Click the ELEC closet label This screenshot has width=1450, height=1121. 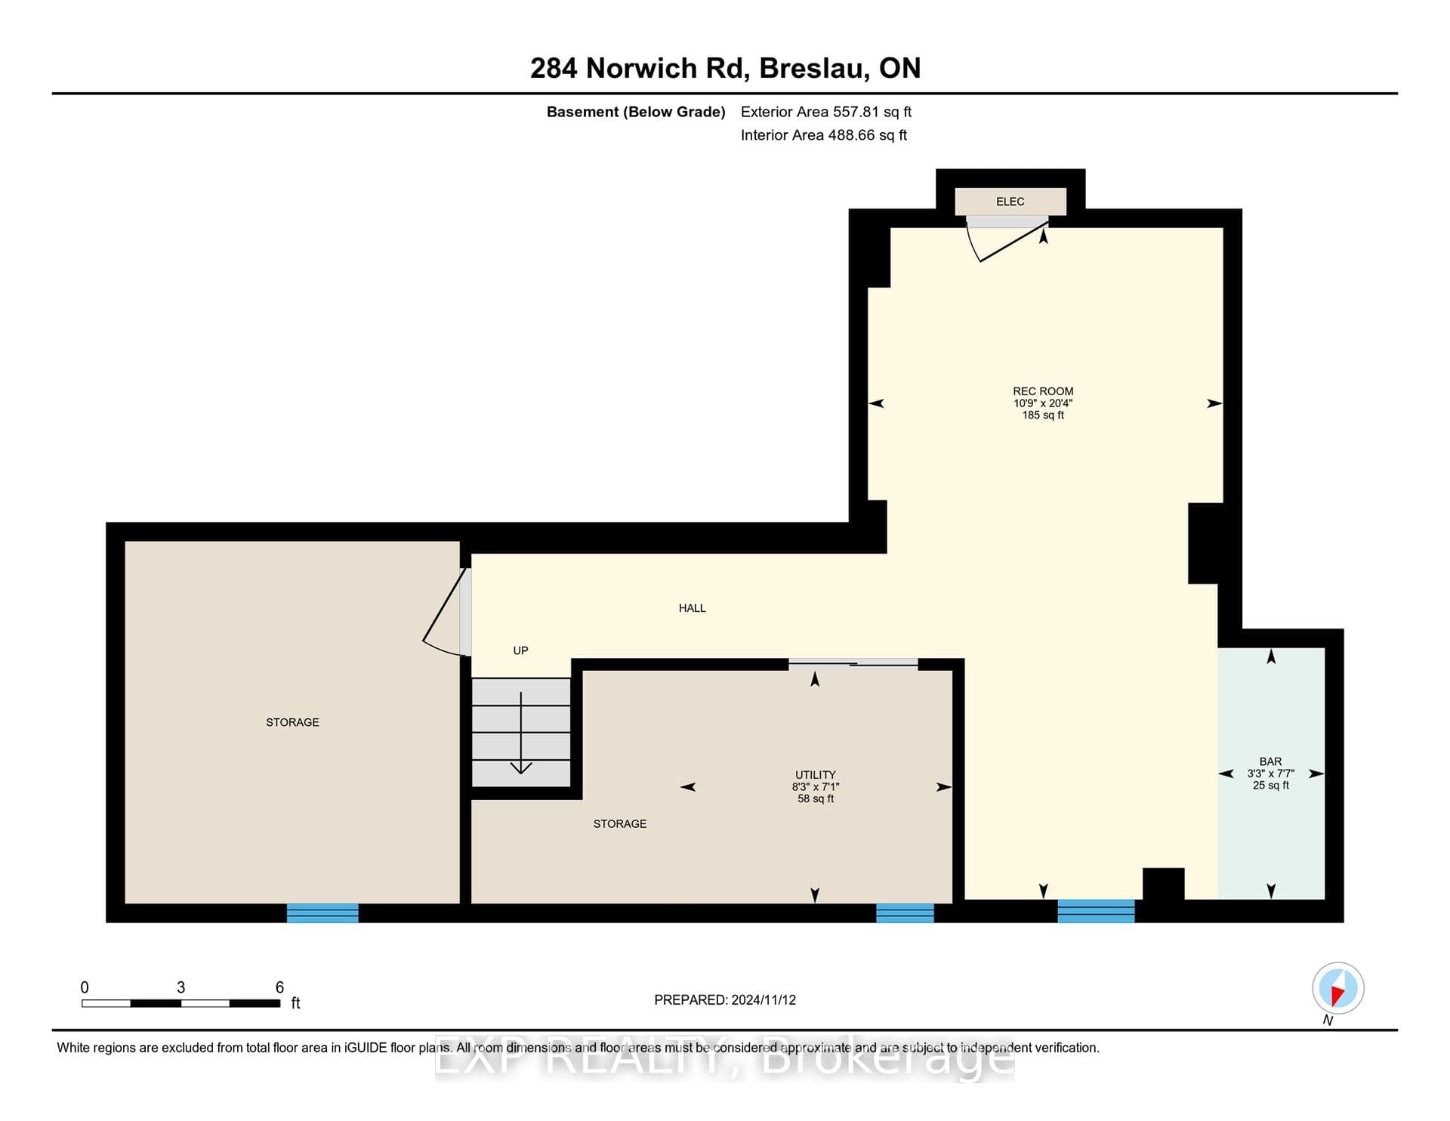[1010, 202]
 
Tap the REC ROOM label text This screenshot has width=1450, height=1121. [1043, 391]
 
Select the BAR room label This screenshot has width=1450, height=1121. [1270, 761]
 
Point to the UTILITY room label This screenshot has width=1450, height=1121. [816, 774]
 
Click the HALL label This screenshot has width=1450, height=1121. [692, 608]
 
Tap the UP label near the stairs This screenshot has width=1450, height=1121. [520, 650]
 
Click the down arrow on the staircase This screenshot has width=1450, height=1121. [521, 733]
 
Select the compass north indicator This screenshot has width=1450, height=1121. [1337, 989]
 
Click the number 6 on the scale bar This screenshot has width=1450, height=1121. [279, 987]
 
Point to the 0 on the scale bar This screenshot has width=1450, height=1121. [85, 987]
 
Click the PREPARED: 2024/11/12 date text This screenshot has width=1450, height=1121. [725, 1000]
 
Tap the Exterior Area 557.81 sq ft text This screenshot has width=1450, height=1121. [826, 112]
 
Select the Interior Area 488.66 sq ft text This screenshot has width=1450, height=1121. [824, 135]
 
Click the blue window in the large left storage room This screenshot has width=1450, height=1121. [322, 913]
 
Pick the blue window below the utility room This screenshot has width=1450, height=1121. [905, 913]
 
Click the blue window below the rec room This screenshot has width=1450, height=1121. [1096, 911]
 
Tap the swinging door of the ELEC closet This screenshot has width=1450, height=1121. [1007, 239]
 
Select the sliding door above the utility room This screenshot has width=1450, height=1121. [853, 664]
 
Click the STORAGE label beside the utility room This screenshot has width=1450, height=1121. [620, 824]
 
